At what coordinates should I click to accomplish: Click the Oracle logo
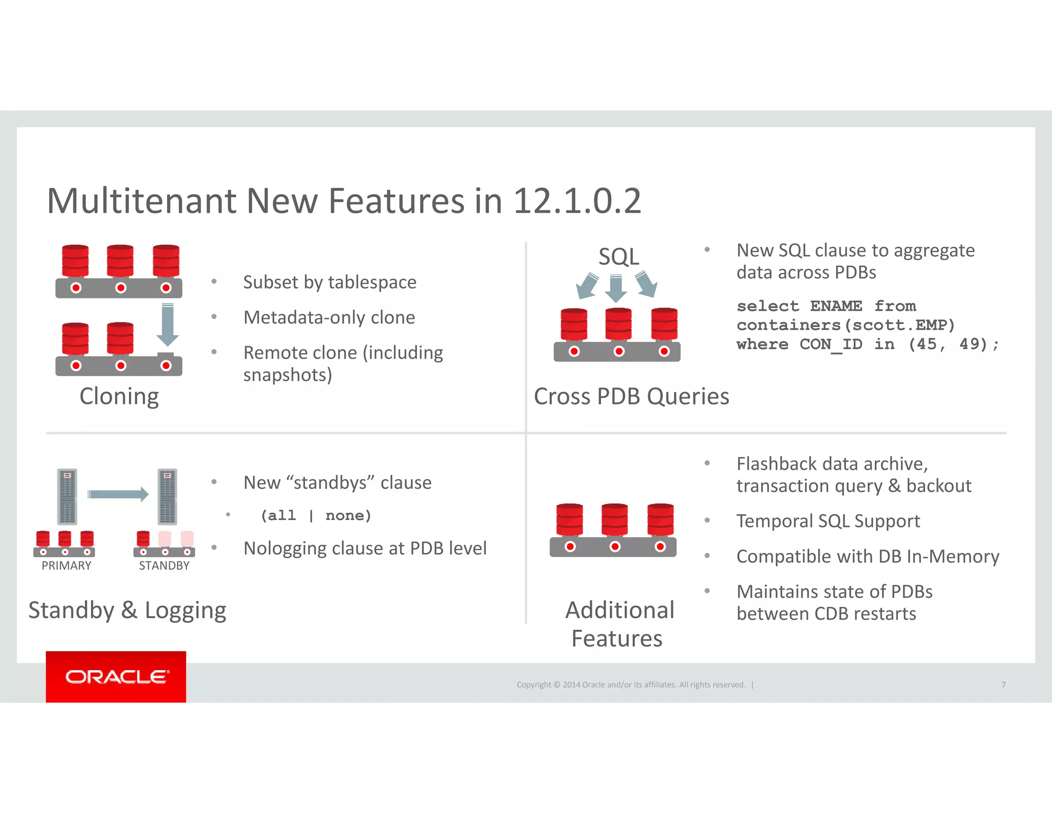pyautogui.click(x=116, y=677)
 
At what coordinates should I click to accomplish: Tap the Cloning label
pyautogui.click(x=119, y=397)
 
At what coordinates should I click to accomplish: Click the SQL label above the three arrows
pyautogui.click(x=618, y=256)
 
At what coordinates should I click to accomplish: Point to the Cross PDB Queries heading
pyautogui.click(x=631, y=397)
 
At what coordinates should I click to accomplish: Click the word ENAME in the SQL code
pyautogui.click(x=836, y=306)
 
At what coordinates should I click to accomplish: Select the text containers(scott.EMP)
pyautogui.click(x=846, y=325)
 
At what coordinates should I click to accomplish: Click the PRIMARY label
pyautogui.click(x=66, y=566)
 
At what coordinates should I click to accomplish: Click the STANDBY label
pyautogui.click(x=164, y=566)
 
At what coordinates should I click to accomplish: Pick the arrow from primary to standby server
pyautogui.click(x=118, y=494)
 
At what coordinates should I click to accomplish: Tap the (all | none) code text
pyautogui.click(x=315, y=515)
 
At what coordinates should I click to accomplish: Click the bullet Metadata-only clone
pyautogui.click(x=329, y=318)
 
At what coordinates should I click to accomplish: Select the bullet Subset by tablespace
pyautogui.click(x=329, y=282)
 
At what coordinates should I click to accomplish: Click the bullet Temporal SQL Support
pyautogui.click(x=828, y=521)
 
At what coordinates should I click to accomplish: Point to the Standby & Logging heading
pyautogui.click(x=127, y=611)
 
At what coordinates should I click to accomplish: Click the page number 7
pyautogui.click(x=1003, y=685)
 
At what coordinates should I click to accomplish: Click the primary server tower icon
pyautogui.click(x=67, y=496)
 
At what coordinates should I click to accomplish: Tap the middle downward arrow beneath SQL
pyautogui.click(x=616, y=288)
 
